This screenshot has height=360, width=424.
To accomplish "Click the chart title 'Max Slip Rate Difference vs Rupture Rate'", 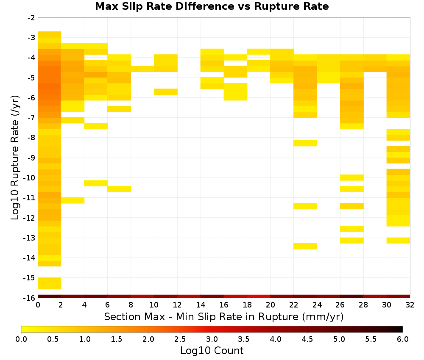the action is point(212,6).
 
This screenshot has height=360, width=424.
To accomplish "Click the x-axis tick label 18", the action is point(247,305).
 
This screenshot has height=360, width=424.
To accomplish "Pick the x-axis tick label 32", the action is point(410,305).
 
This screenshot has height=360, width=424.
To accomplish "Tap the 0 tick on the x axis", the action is point(38,305).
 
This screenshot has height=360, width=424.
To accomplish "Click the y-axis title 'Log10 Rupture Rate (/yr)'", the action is point(15,158).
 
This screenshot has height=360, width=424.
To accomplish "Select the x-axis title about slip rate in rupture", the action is point(223,316).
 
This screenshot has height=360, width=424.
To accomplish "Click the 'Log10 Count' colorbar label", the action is point(212,351).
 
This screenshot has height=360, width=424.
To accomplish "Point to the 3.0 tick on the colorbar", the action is point(212,339).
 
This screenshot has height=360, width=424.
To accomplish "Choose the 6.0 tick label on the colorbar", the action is point(403,339).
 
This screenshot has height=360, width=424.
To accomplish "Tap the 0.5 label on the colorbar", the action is point(53,339).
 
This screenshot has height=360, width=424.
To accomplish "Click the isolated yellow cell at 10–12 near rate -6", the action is point(166,92).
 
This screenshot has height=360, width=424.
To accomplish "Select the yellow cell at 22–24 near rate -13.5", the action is point(305,246).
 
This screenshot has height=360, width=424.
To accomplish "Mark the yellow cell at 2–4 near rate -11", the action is point(73,200).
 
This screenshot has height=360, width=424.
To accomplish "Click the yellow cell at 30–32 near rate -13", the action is point(398,241).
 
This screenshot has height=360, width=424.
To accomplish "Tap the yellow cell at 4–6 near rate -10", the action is point(96,183).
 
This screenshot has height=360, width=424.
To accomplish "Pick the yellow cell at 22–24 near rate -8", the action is point(305,143).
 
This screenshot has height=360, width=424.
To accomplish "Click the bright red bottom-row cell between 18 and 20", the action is point(259,296).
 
